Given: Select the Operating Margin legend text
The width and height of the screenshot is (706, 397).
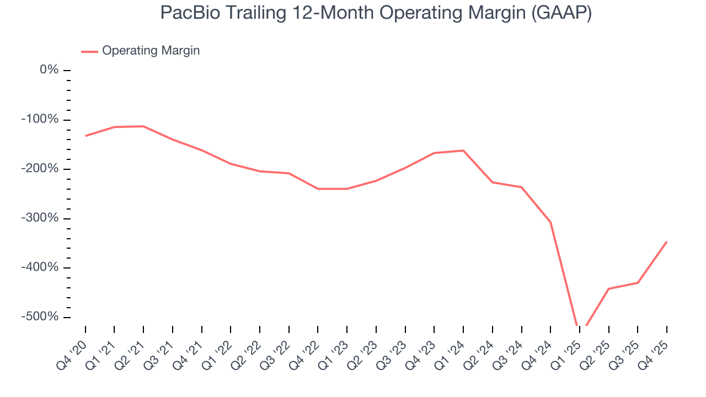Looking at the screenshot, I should [151, 51].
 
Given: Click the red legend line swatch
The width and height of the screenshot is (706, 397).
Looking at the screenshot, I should [89, 51].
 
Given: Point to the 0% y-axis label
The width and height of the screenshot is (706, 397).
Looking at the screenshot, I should [49, 70].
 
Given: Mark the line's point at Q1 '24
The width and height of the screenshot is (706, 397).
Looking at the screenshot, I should [463, 151].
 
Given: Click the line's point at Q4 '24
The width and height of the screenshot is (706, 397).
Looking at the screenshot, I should [550, 222].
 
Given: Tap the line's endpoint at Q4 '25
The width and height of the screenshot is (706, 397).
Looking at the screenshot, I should [667, 242].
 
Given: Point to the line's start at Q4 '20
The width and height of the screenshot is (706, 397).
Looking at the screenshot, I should [85, 136].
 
